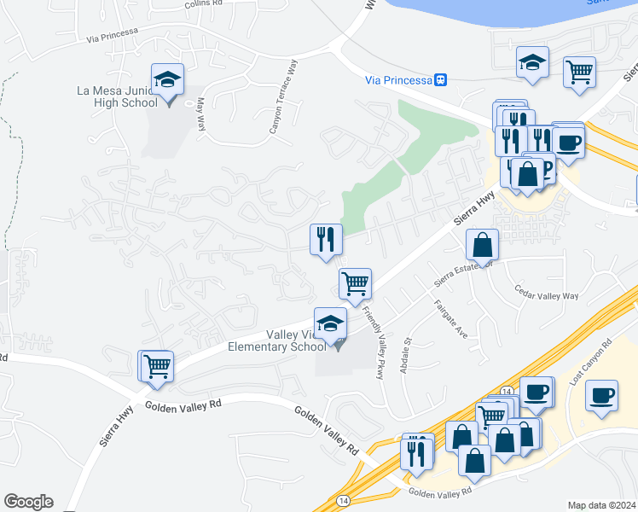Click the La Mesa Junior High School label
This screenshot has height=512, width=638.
[117, 96]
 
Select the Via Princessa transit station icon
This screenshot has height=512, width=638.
[441, 79]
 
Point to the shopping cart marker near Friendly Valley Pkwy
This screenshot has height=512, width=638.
[355, 283]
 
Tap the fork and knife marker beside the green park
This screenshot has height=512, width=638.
[326, 240]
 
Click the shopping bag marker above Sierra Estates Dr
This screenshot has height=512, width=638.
[482, 246]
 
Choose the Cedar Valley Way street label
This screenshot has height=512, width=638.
[546, 296]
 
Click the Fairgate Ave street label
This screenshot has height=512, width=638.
[450, 320]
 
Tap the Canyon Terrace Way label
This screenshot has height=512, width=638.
[284, 96]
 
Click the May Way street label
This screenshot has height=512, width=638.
[202, 113]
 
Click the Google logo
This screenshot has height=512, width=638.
[28, 502]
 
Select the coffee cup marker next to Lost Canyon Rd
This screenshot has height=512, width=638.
[602, 396]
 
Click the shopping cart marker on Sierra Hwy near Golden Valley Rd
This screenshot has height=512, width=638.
[157, 366]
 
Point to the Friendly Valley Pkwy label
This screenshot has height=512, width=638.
[372, 337]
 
